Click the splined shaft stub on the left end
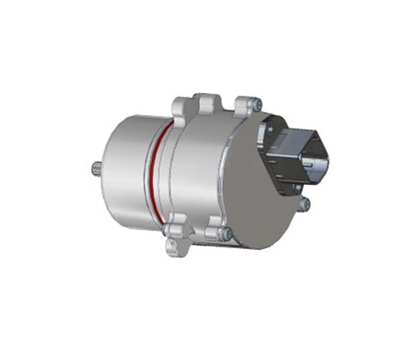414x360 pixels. [x=95, y=169]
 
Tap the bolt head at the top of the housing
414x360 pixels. [x=255, y=104]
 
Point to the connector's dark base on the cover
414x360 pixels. [x=282, y=158]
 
